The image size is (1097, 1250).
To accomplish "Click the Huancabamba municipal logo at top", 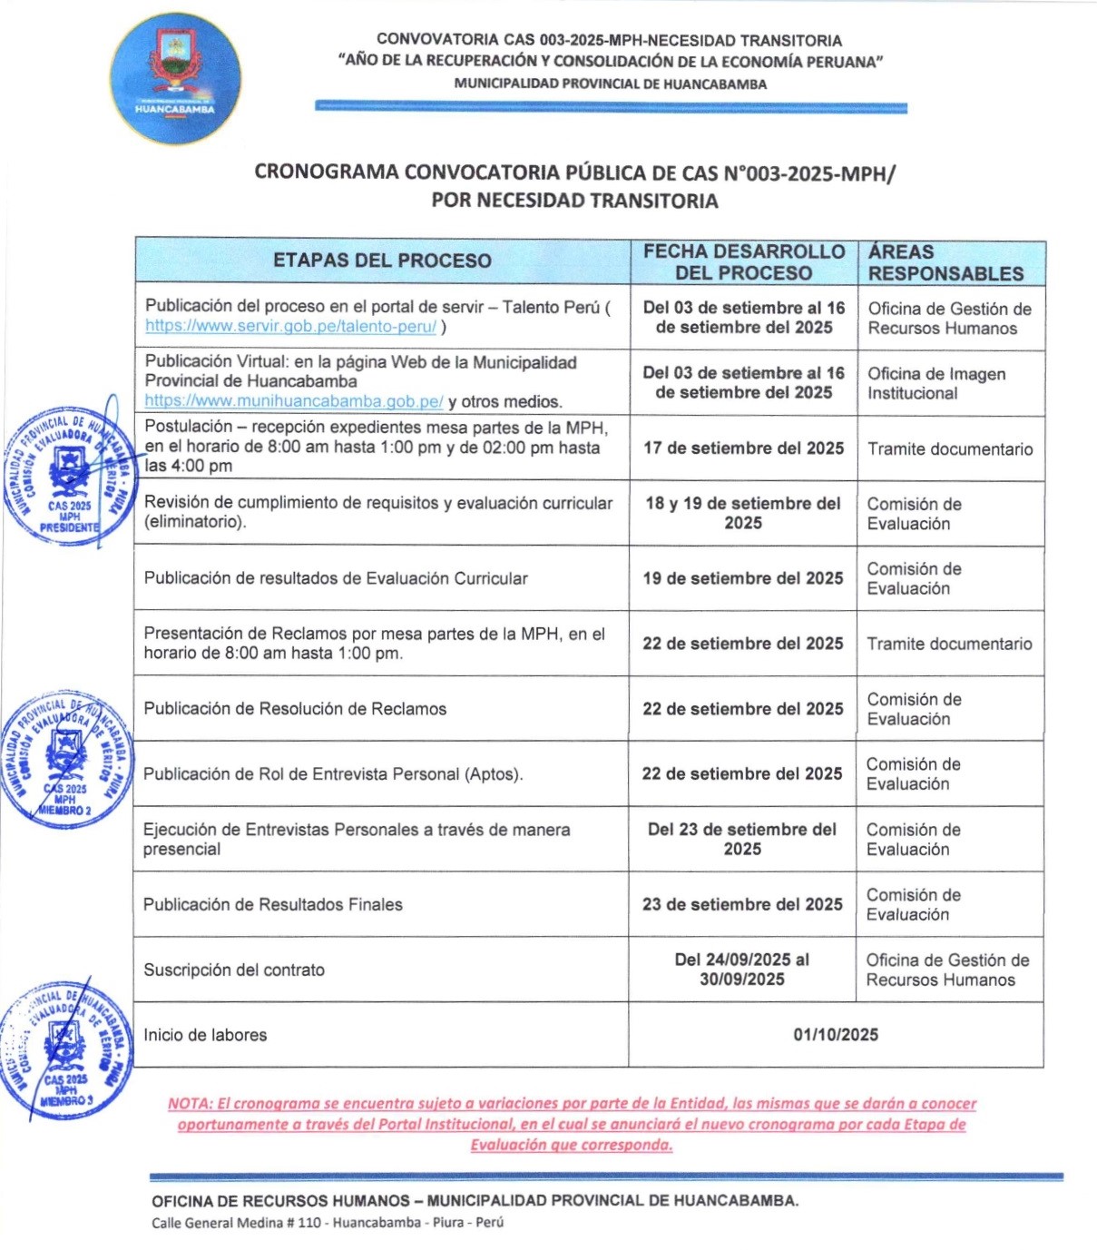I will [x=175, y=79].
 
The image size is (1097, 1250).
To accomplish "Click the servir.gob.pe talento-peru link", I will [x=290, y=327].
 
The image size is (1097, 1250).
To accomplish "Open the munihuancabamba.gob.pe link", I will [x=294, y=401].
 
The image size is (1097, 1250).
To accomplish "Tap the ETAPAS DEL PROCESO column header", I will [x=382, y=261].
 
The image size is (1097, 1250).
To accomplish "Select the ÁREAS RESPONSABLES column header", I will [x=945, y=262].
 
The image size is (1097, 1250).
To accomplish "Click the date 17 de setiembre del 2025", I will [x=743, y=448].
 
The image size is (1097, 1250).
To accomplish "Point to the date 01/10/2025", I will [x=836, y=1035].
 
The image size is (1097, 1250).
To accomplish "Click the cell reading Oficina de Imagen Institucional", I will [x=935, y=384].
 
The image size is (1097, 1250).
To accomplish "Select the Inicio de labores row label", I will [x=205, y=1035].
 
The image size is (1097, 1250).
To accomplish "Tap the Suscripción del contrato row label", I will [x=233, y=969].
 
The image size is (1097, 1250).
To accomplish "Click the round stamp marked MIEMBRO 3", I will [x=65, y=1049].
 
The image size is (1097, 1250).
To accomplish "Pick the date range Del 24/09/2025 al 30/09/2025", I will [x=742, y=969].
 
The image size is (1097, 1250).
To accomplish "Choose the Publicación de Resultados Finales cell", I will [x=272, y=904].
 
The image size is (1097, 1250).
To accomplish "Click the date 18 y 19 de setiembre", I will [x=743, y=513].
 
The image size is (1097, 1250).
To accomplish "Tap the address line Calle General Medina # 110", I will [x=327, y=1222].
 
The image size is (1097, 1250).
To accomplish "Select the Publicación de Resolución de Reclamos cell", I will [x=295, y=709].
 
